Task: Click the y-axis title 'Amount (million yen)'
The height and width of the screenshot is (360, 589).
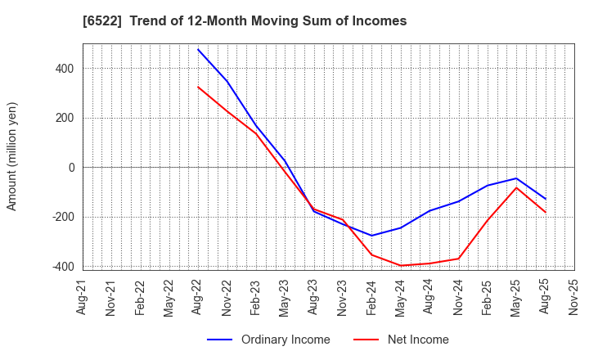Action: (11, 156)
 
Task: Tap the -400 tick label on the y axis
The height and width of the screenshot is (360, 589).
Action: (62, 267)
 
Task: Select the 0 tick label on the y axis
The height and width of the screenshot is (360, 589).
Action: (71, 168)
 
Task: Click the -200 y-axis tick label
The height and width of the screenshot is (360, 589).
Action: (62, 218)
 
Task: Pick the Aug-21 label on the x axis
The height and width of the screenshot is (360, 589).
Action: (82, 299)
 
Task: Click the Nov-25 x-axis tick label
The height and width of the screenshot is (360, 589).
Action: (573, 299)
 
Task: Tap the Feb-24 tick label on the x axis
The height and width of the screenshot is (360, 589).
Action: (371, 299)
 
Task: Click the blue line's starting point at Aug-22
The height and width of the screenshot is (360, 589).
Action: (198, 49)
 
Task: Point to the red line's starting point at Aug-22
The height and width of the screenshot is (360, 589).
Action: (198, 87)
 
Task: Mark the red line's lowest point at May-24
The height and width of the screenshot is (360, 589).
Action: (401, 265)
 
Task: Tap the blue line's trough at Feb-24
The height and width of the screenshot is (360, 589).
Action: (371, 236)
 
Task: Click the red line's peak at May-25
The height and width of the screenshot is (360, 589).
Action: (516, 187)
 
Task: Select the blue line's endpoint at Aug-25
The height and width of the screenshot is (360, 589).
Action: (546, 199)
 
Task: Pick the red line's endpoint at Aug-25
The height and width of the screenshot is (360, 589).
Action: (546, 213)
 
